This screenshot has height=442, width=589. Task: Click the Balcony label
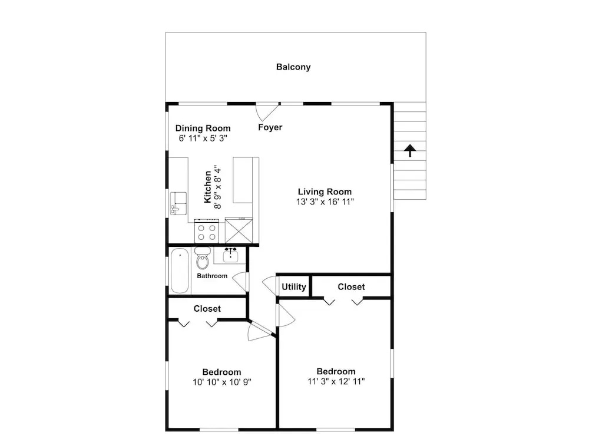pos(293,67)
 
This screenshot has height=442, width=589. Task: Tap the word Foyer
pos(270,127)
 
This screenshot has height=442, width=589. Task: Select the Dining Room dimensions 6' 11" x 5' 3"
pos(203,138)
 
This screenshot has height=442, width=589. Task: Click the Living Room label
pos(325,192)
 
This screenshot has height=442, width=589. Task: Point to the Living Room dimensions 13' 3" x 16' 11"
pos(325,202)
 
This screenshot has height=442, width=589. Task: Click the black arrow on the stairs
pos(410,150)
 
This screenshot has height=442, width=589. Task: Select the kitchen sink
pos(178,203)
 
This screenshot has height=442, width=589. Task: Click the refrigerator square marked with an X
pos(239,230)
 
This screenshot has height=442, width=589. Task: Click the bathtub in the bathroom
pos(180,271)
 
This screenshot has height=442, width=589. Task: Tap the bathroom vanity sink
pos(230,255)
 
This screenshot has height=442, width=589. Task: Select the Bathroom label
pos(212,276)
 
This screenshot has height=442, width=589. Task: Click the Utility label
pos(294,287)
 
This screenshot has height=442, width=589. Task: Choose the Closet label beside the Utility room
pos(351,287)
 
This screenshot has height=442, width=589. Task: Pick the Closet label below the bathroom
pos(207,309)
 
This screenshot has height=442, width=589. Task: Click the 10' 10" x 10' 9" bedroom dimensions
pos(222,382)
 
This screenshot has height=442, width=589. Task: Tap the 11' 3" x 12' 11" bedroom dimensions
pos(336,381)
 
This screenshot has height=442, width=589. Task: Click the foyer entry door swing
pos(267,112)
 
